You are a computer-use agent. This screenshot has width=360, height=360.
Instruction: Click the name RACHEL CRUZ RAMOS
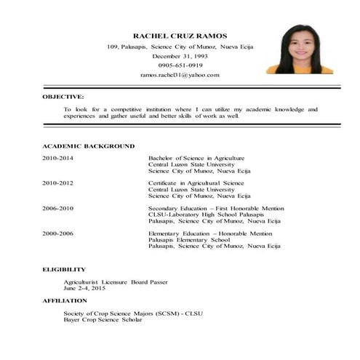tap(180, 36)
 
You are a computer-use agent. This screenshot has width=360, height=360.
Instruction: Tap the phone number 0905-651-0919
tap(180, 65)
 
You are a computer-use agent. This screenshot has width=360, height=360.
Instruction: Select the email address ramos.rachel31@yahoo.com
tap(180, 74)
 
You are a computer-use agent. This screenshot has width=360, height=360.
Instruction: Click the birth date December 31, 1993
tap(180, 55)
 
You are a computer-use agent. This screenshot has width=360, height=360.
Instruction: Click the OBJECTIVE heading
tap(63, 96)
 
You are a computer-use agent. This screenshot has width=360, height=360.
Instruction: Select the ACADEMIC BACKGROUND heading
tap(88, 145)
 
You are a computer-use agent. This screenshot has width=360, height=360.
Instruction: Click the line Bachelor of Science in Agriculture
tap(196, 158)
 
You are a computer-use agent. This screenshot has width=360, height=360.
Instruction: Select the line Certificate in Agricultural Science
tap(196, 183)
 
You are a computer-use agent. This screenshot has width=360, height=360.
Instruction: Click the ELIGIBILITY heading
tap(64, 269)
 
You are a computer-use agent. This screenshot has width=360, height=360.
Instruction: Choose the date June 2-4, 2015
tap(84, 288)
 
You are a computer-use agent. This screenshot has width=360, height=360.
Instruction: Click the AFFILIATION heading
tap(65, 300)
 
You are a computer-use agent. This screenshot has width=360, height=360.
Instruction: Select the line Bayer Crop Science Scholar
tap(103, 319)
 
